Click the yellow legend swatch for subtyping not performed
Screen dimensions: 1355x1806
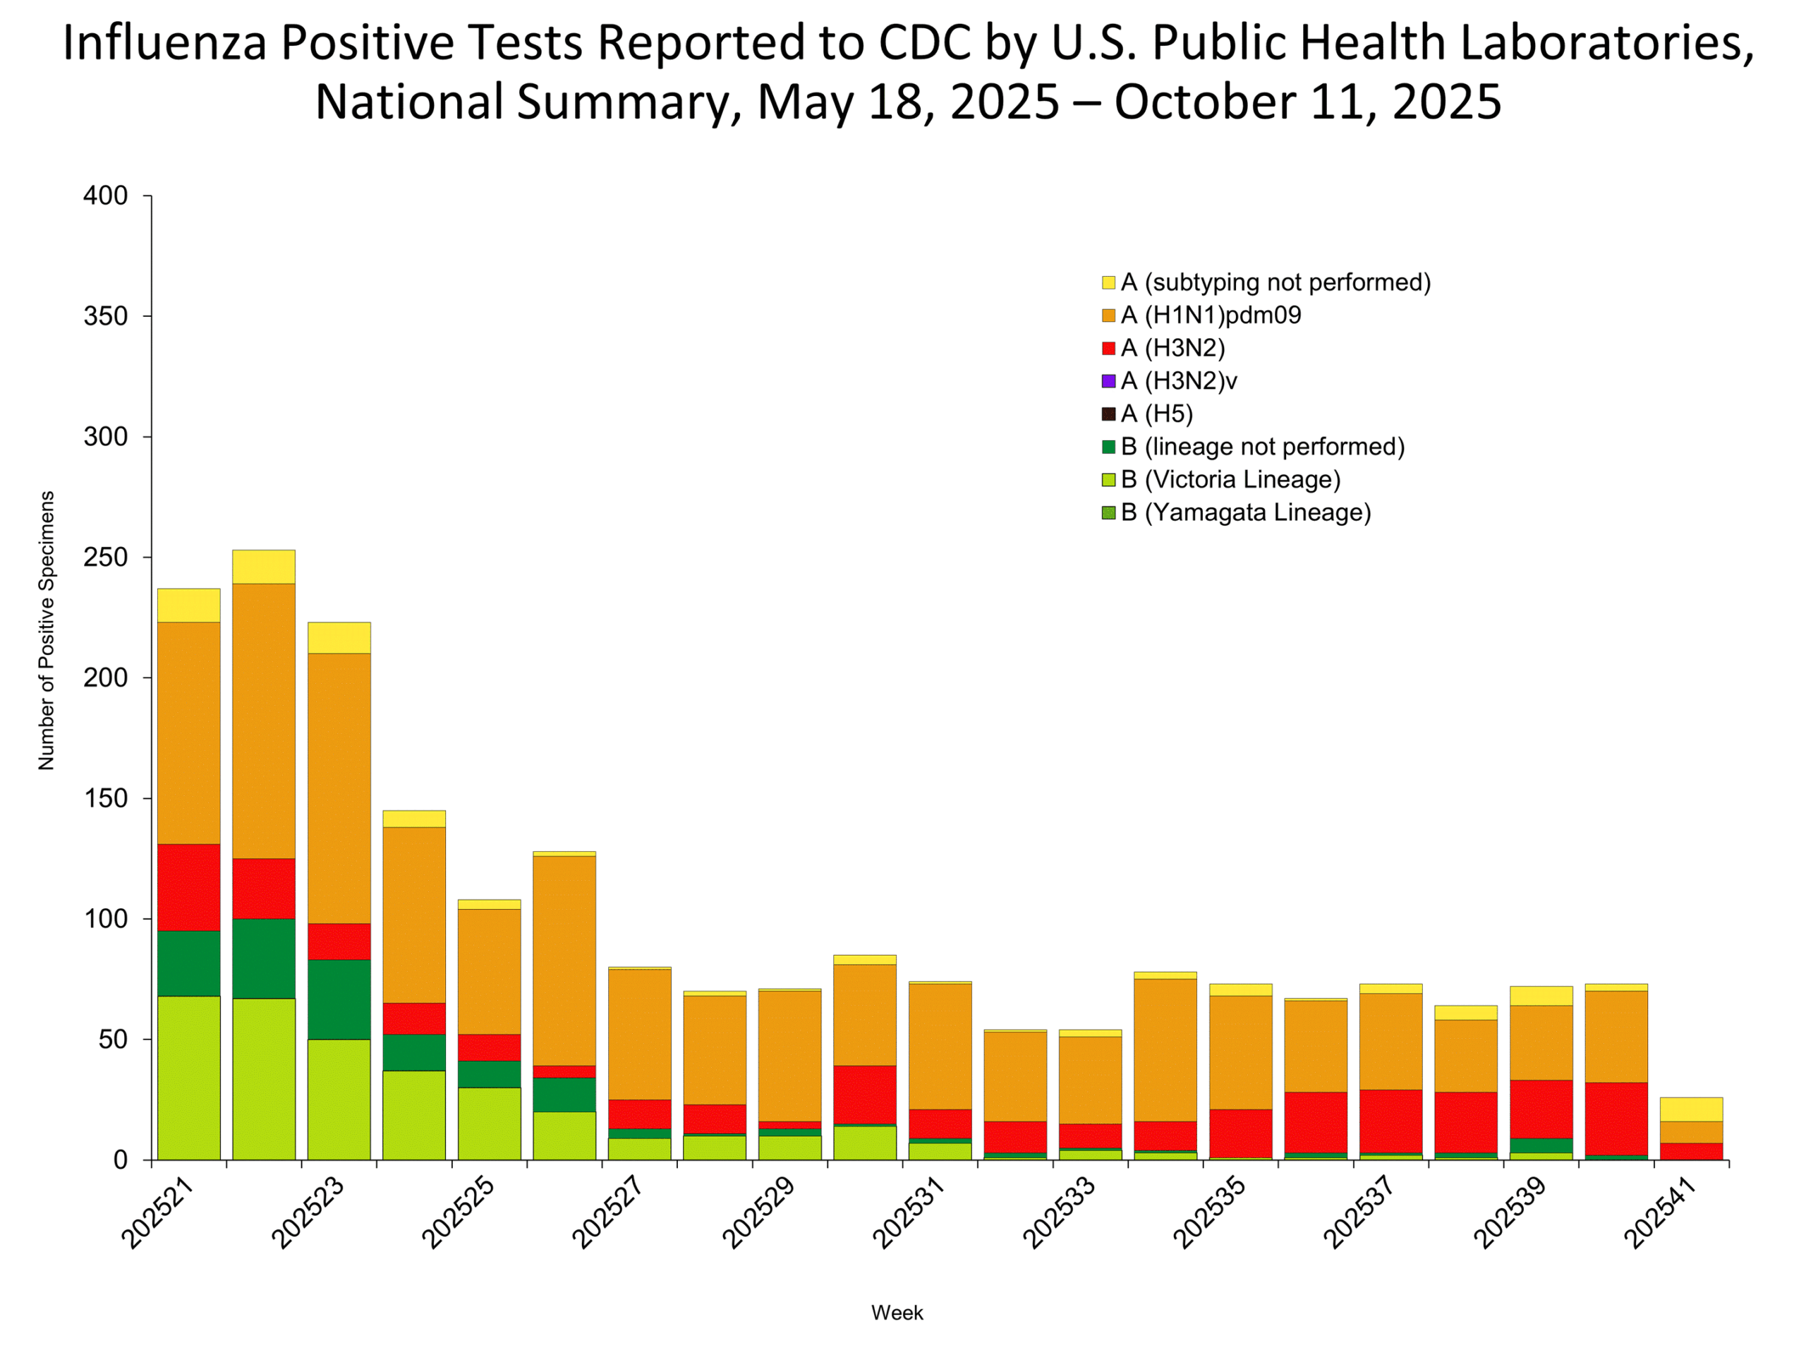click(1108, 282)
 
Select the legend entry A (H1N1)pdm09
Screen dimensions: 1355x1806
click(1210, 315)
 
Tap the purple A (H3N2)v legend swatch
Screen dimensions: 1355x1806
click(1108, 380)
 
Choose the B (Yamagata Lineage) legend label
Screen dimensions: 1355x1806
click(1245, 512)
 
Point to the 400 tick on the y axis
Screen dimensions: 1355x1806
click(105, 196)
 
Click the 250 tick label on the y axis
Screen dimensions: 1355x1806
click(105, 557)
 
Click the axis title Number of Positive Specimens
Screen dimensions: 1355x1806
click(47, 630)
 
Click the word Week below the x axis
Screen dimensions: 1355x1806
click(897, 1313)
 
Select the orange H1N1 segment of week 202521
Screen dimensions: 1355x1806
click(188, 733)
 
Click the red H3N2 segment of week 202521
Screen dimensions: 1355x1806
click(188, 887)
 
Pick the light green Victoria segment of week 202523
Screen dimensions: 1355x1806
click(339, 1099)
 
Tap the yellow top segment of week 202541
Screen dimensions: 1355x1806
click(1691, 1109)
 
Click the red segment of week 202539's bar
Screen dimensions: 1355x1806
click(1541, 1108)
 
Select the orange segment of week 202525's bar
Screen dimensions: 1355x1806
click(489, 971)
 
